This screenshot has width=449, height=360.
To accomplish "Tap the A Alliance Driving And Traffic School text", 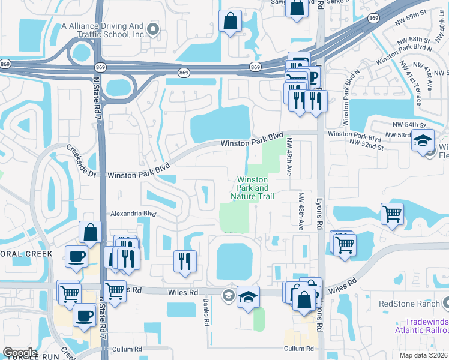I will [x=103, y=31].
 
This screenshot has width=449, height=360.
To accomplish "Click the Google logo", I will [x=20, y=353].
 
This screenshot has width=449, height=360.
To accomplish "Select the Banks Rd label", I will [x=205, y=312].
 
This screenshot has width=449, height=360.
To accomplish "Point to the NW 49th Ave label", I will [x=289, y=157].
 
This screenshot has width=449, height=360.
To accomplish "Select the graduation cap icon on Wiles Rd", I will [x=247, y=296].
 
